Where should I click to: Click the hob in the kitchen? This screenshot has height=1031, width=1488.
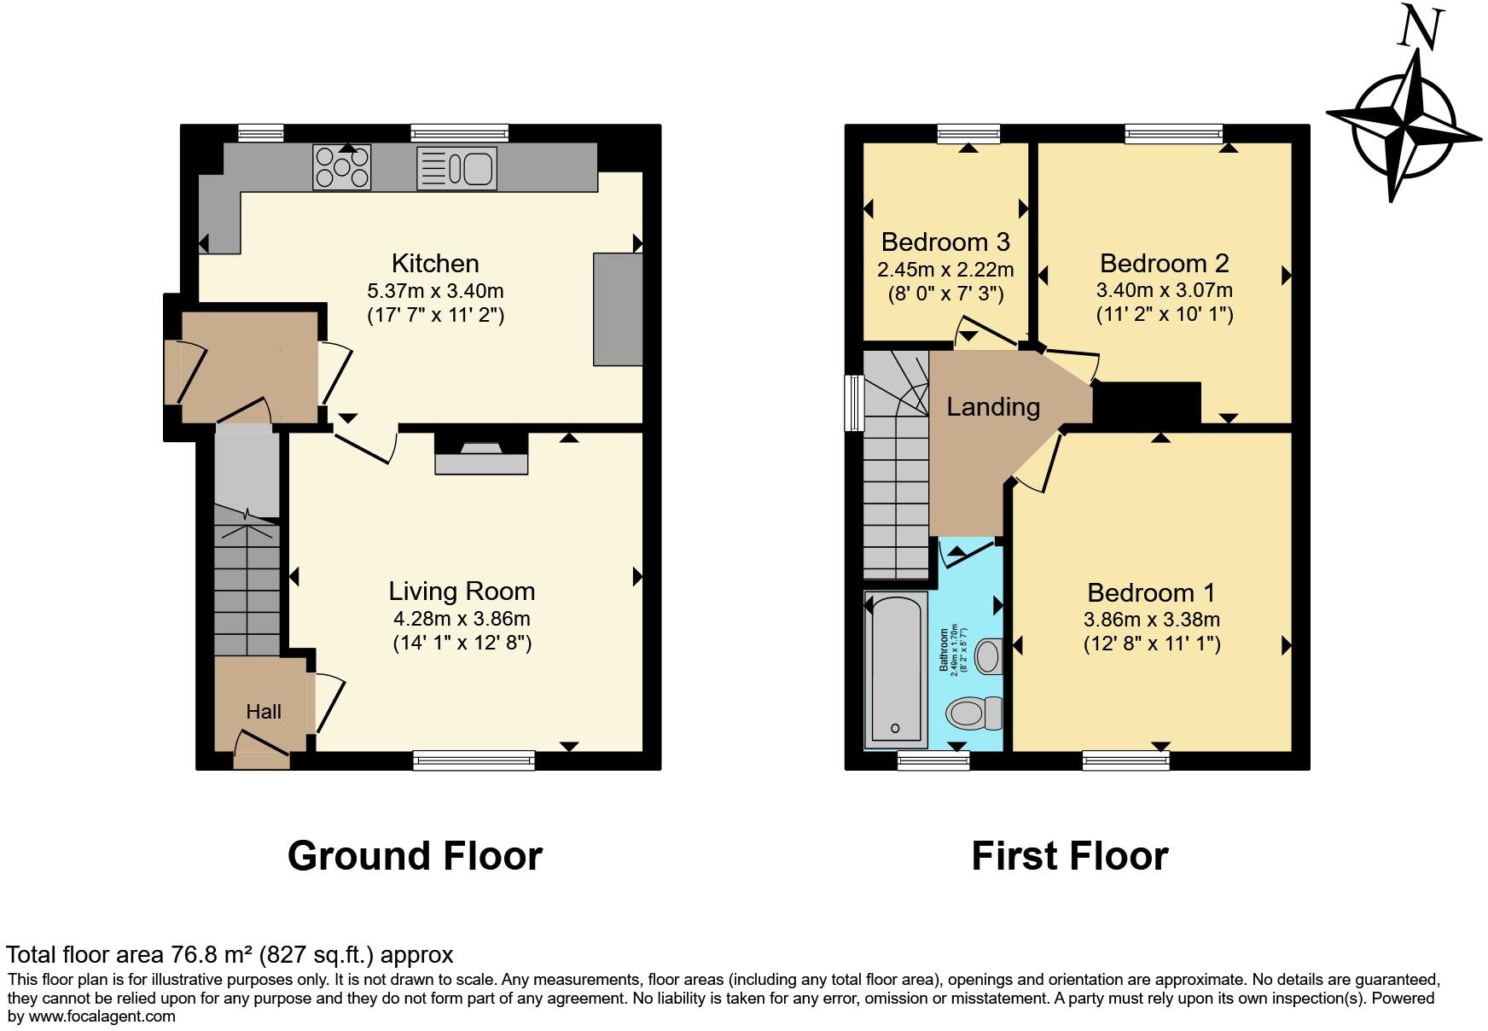pos(341,167)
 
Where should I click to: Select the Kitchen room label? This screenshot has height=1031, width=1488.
pos(435,263)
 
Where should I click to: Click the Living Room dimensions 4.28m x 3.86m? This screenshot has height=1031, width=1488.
pos(462,618)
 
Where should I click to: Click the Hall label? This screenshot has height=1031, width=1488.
pos(264,712)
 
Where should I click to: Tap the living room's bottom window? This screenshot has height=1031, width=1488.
pos(474,760)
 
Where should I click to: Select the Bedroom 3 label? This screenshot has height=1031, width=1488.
pos(945,242)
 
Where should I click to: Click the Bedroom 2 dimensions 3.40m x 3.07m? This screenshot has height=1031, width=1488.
pos(1164,290)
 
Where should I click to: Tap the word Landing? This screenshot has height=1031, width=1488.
pos(993,407)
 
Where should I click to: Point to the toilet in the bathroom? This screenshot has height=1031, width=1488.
pos(975,712)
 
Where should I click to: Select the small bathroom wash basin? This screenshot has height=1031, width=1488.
pos(988,656)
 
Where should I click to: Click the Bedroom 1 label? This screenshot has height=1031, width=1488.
pos(1151,592)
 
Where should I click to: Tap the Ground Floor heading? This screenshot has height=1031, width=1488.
pos(415,856)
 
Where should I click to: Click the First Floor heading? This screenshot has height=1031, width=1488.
pos(1069,856)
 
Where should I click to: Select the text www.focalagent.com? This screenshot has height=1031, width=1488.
pos(102,1016)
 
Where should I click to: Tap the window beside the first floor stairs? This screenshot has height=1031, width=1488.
pos(853,402)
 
